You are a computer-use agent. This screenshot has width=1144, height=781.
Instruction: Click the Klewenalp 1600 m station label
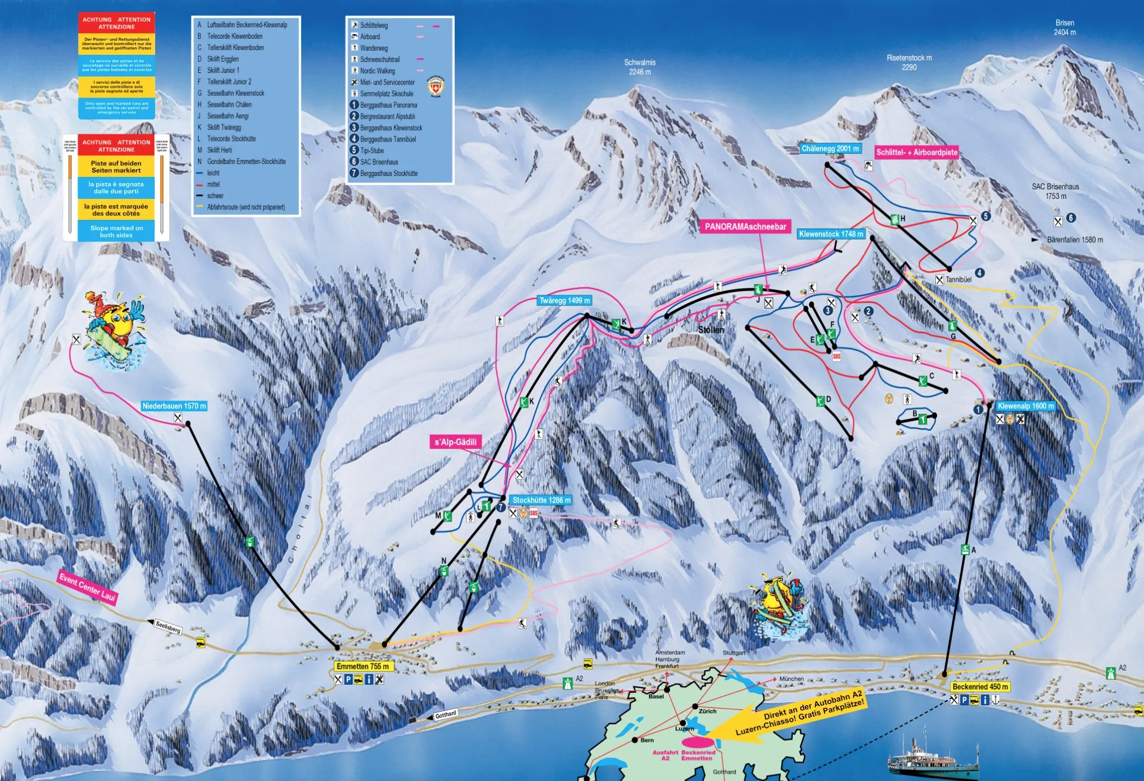(1026, 406)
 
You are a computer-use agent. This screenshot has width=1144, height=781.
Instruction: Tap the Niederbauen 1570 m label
(174, 406)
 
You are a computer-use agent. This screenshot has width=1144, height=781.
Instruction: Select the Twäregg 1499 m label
(564, 301)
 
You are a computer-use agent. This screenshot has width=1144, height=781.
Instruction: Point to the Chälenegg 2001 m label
(830, 149)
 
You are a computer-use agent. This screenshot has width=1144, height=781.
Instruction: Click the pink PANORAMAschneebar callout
(745, 227)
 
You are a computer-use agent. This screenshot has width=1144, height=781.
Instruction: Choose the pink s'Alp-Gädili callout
(455, 442)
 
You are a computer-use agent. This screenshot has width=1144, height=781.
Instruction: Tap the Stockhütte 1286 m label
(541, 500)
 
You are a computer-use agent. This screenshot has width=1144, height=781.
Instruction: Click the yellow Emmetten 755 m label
(363, 666)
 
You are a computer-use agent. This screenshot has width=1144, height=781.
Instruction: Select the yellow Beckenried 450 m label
(980, 687)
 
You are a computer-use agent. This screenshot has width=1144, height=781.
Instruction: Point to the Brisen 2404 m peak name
(1064, 27)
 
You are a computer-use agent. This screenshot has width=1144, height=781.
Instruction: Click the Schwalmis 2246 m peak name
(640, 67)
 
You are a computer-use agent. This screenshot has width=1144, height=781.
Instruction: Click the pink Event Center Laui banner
(87, 587)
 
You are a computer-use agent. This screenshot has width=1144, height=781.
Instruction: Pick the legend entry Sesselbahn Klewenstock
(235, 93)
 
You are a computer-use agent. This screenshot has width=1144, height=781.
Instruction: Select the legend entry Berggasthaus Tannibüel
(387, 139)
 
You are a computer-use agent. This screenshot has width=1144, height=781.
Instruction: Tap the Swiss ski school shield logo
(435, 87)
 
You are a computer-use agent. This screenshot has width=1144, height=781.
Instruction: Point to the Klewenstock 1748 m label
(831, 234)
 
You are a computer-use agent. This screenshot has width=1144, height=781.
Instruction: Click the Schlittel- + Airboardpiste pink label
(916, 152)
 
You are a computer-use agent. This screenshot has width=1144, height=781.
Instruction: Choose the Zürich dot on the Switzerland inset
(695, 706)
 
